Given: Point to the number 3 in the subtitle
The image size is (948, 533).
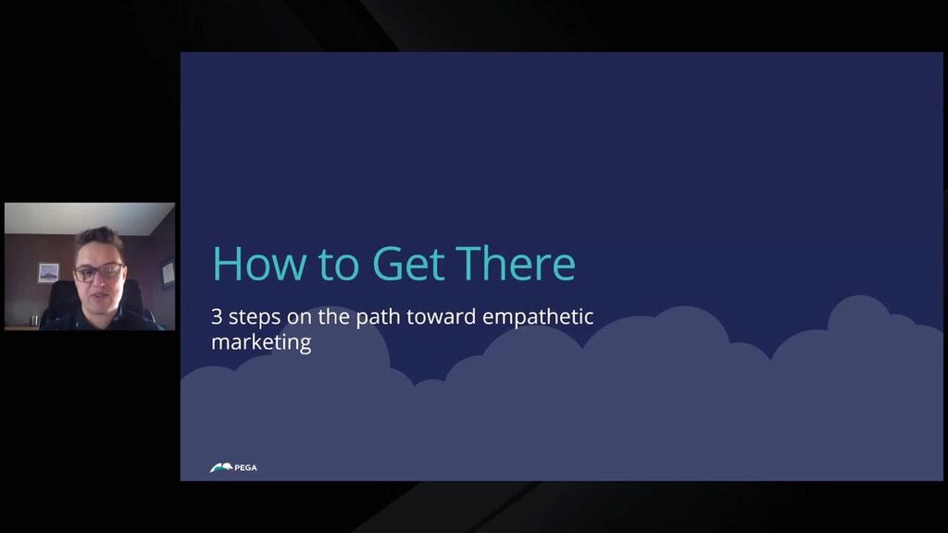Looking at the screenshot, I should pyautogui.click(x=218, y=317).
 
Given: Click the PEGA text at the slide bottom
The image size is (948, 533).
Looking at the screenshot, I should pyautogui.click(x=246, y=468).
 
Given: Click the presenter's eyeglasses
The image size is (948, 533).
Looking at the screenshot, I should pyautogui.click(x=99, y=273).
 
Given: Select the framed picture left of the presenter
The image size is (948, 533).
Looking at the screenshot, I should pyautogui.click(x=48, y=273).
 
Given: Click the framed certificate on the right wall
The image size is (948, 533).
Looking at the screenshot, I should pyautogui.click(x=167, y=271).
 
